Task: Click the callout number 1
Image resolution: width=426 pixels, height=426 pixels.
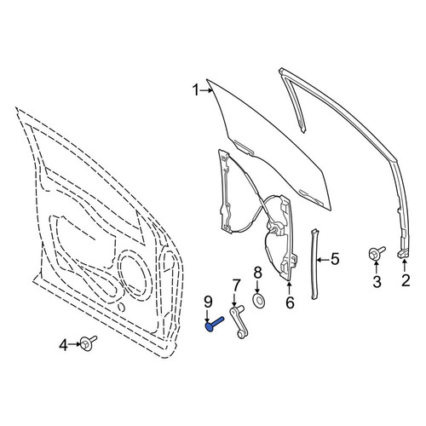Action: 196,90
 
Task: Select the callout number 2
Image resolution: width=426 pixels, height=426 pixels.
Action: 406,280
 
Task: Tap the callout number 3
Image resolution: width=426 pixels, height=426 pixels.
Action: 377,282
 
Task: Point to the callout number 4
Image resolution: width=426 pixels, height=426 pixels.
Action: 64,345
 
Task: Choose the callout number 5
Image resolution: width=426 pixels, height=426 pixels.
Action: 335,259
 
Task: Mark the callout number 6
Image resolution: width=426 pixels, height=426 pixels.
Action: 290,302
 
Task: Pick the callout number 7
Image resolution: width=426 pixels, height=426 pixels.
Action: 236,285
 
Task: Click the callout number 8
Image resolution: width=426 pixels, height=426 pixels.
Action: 257,273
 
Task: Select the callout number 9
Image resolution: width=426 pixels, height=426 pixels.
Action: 208,302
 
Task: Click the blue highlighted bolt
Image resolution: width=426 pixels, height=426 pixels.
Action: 215,324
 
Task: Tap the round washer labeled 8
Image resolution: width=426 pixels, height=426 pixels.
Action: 258,300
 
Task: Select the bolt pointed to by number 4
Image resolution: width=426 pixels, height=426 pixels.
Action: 88,343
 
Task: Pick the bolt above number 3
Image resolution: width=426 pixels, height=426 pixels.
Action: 377,252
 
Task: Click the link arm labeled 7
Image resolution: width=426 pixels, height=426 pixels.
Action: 239,323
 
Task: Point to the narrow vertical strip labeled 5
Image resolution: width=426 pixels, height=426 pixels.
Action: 314,263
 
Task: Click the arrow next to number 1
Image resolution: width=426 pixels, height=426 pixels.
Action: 206,90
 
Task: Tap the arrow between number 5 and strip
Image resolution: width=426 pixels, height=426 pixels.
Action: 324,259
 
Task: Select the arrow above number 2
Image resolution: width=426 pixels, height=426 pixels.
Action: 404,266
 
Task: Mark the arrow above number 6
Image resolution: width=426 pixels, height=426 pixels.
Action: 289,288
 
